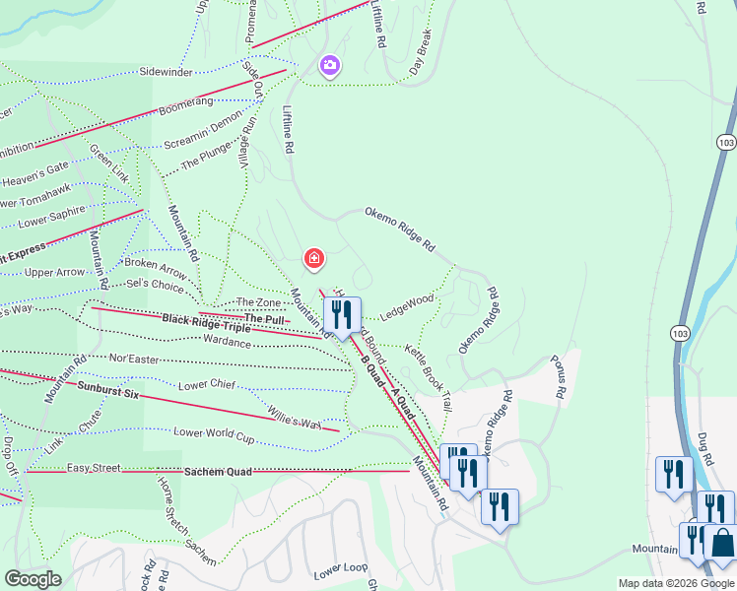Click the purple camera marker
pyautogui.click(x=329, y=66)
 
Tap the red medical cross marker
pyautogui.click(x=313, y=259)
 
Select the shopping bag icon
pyautogui.click(x=722, y=543)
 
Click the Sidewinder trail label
pyautogui.click(x=166, y=72)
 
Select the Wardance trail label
pyautogui.click(x=227, y=341)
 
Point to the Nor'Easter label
pyautogui.click(x=134, y=360)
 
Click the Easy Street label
pyautogui.click(x=94, y=467)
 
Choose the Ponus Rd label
pyautogui.click(x=559, y=376)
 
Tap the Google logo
pyautogui.click(x=33, y=579)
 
